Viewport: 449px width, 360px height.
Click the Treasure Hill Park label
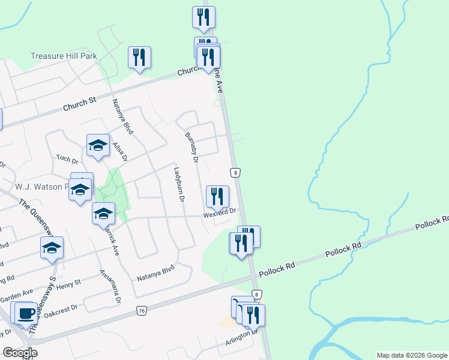(64, 56)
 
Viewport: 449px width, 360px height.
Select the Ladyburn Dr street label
(179, 184)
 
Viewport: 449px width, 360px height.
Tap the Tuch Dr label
(67, 161)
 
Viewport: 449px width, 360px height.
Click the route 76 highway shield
(142, 310)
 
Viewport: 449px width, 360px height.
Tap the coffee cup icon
(25, 313)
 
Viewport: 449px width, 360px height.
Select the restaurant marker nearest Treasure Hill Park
(139, 58)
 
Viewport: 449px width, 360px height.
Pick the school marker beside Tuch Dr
(98, 145)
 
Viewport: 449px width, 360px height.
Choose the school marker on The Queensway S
(52, 247)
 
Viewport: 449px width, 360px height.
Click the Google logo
(20, 353)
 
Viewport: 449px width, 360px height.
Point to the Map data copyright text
(411, 355)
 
